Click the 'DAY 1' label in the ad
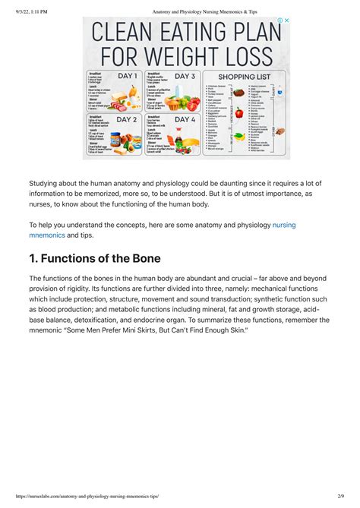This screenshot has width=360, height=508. (x=127, y=76)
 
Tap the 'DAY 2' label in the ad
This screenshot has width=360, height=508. (x=127, y=120)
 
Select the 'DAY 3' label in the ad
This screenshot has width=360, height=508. (x=185, y=76)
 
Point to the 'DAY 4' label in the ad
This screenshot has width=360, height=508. (x=185, y=120)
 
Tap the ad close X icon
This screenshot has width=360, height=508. (x=286, y=21)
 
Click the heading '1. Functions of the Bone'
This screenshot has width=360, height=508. (x=95, y=258)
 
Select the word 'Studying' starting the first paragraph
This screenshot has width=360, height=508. (x=46, y=183)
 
